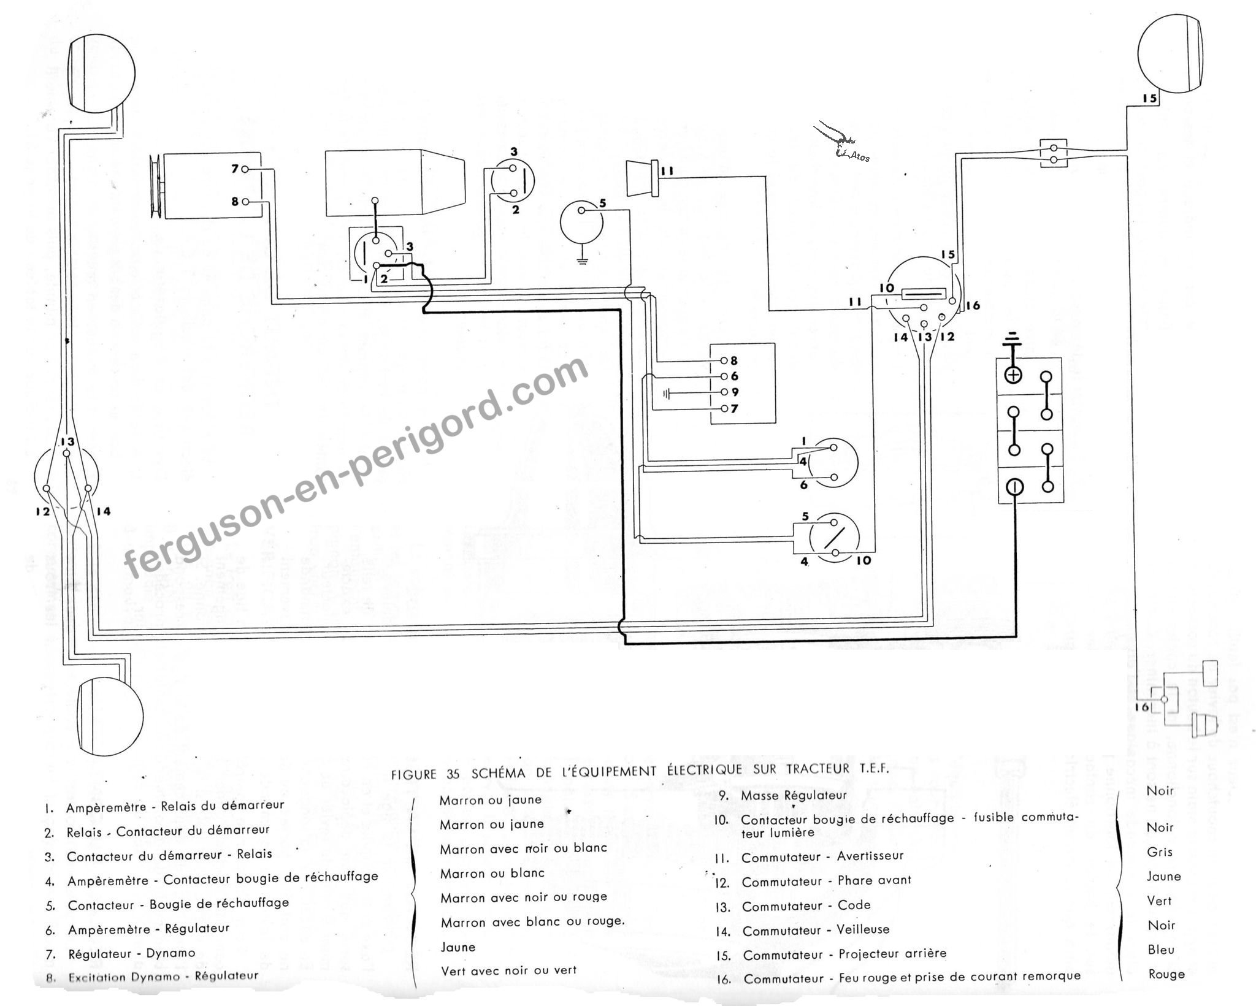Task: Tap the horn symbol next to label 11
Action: pos(641,178)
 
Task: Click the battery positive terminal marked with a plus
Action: pos(1015,375)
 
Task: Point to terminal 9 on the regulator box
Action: pos(726,392)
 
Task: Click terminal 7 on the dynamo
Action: pos(245,169)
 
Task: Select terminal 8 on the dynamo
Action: pos(245,201)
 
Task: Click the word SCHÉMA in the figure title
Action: pos(499,773)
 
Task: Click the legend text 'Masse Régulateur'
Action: pos(794,795)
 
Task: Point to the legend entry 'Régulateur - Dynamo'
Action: pos(132,954)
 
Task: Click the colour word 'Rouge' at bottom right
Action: pos(1166,975)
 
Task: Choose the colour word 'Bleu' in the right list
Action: pos(1160,950)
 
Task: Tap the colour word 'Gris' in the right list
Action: pos(1159,852)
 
